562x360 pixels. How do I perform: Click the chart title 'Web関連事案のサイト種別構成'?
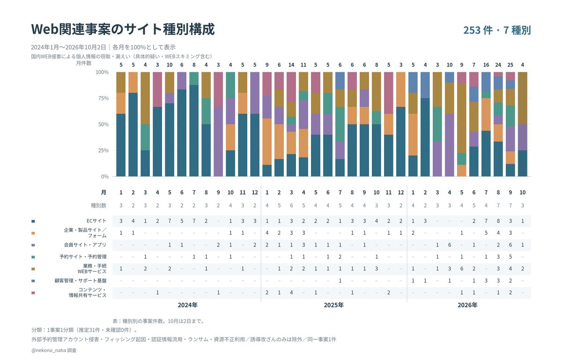(123, 29)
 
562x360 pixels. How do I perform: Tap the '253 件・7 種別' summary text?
(497, 30)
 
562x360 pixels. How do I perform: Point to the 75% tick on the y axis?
(104, 98)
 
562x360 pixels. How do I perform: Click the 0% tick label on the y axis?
(105, 177)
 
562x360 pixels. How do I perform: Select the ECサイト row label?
(96, 221)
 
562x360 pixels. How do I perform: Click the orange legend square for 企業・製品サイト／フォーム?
(33, 233)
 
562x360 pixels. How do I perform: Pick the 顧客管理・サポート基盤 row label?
(81, 281)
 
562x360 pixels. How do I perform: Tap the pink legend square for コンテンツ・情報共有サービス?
(33, 292)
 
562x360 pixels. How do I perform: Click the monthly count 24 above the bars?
(498, 65)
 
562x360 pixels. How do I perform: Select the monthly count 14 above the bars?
(291, 65)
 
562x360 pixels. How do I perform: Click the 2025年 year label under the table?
(333, 305)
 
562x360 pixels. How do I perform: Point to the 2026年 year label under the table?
(467, 305)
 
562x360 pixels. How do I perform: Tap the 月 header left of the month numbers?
(104, 192)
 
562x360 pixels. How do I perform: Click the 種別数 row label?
(99, 206)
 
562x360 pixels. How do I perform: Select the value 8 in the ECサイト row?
(498, 221)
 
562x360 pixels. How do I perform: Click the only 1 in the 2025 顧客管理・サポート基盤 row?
(340, 281)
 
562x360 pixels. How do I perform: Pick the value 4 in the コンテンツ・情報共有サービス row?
(291, 292)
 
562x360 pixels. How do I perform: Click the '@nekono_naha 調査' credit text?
(54, 350)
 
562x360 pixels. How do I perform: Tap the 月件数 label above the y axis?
(84, 63)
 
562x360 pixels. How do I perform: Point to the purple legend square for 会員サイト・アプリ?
(33, 245)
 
